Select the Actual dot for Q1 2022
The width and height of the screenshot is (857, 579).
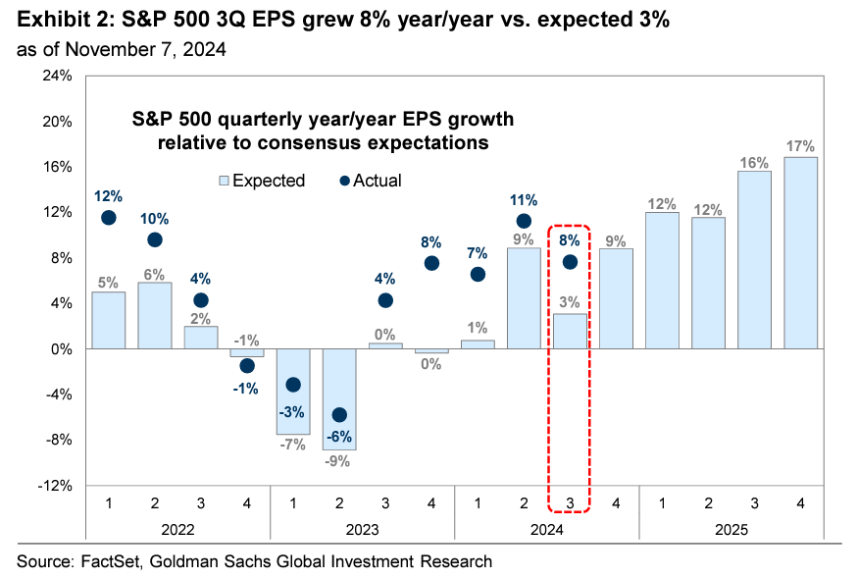tap(109, 218)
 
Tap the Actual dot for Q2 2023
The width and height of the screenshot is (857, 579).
tap(339, 415)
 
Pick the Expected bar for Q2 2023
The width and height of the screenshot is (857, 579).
tap(339, 398)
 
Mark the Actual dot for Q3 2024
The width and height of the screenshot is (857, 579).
tap(570, 261)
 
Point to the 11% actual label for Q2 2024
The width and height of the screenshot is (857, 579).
tap(524, 199)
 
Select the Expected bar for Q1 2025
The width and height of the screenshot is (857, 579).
tap(662, 281)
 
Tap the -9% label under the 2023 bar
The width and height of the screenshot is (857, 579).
tap(339, 461)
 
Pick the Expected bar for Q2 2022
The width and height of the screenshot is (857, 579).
tap(155, 315)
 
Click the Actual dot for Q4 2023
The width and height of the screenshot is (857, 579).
tap(431, 263)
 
